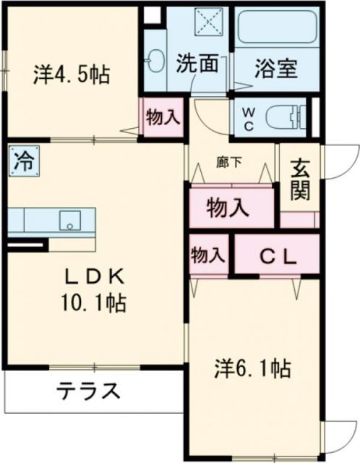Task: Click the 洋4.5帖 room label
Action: point(72,75)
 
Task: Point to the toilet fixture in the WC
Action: point(285,116)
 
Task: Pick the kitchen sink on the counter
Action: point(70,219)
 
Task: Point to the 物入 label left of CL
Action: point(207,256)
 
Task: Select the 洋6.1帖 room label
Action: point(251,370)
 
